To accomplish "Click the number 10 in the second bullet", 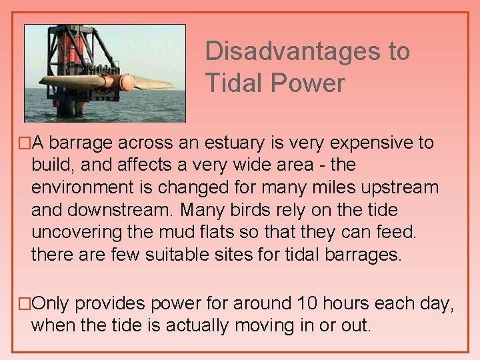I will coord(307,303).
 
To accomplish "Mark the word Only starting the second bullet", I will coord(51,303).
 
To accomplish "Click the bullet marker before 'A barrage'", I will coord(25,143).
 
